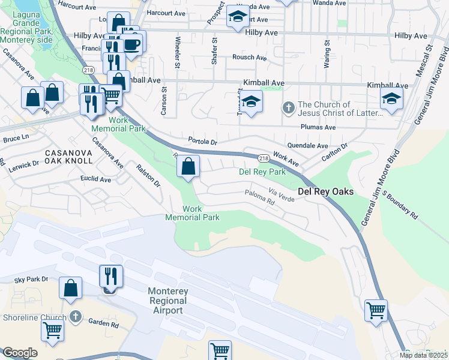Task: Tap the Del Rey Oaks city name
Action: click(324, 192)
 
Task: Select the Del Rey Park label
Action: click(262, 171)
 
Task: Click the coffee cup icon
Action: click(131, 43)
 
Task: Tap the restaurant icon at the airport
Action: click(110, 276)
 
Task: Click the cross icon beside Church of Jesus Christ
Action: click(288, 109)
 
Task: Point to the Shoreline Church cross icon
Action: click(75, 316)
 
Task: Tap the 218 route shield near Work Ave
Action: click(264, 158)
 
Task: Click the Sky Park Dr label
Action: click(31, 280)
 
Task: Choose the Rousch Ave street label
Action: click(250, 58)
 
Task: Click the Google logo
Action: click(20, 353)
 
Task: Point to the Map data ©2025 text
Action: click(423, 355)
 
